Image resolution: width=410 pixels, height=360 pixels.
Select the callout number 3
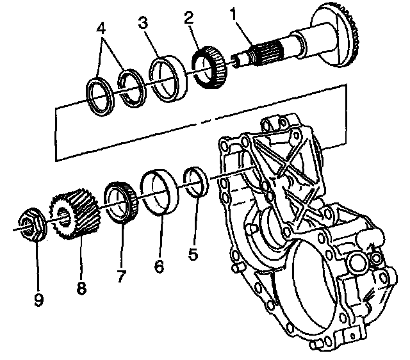click(143, 23)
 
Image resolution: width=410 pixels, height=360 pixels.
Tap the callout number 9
click(38, 299)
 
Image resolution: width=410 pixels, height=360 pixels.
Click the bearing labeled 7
click(119, 202)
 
